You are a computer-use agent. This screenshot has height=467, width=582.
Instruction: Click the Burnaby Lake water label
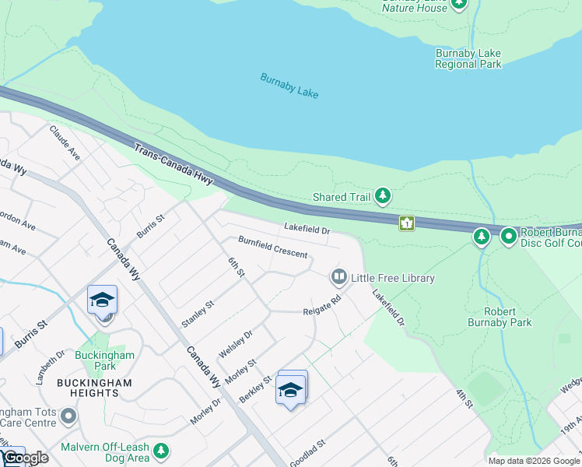pos(289,86)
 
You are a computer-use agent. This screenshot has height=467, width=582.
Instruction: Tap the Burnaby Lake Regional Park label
pos(468,59)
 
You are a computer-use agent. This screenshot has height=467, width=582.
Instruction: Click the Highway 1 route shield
pos(406,223)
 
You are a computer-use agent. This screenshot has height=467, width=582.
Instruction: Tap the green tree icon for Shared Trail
pos(382,197)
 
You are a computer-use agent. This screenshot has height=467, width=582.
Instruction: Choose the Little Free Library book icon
pos(338,277)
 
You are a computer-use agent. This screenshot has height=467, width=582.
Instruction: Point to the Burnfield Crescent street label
pos(272,248)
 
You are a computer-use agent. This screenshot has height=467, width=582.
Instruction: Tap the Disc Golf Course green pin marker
pos(509,235)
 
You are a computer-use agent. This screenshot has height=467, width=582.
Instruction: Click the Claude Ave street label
pos(65,142)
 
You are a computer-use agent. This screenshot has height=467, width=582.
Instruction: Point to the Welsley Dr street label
pos(236,344)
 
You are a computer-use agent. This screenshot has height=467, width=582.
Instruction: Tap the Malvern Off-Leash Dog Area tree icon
pos(161,451)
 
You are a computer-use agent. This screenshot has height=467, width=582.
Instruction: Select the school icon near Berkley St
pos(290,389)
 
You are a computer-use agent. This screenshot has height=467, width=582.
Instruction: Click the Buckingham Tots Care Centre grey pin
pos(69,416)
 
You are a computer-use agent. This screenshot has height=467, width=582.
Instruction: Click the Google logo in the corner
pos(25,458)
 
